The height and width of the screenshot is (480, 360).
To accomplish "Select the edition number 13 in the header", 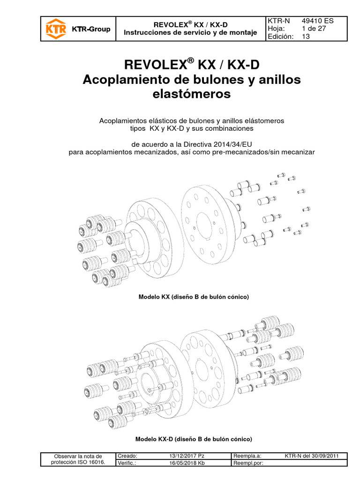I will [x=306, y=37].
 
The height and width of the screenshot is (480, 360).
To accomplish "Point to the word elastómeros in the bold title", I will [x=191, y=94].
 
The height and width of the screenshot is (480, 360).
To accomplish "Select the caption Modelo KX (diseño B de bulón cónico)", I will [x=193, y=297].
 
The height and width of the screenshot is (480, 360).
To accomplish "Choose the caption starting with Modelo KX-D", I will [x=194, y=439].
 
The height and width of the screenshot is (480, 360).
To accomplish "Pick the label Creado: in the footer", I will [x=128, y=456].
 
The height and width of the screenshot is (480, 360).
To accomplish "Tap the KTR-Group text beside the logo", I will [x=91, y=29].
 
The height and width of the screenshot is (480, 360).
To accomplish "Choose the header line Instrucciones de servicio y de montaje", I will [x=190, y=32].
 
